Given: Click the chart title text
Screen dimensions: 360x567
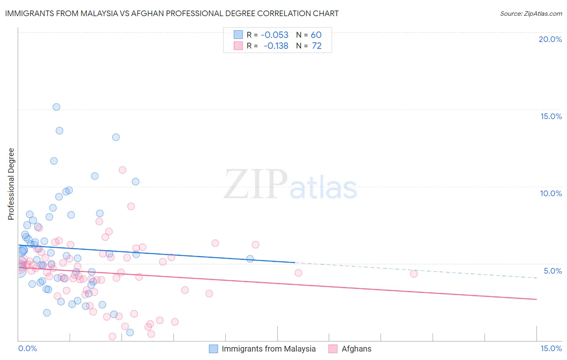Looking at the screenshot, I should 172,13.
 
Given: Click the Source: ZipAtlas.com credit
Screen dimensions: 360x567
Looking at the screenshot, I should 531,13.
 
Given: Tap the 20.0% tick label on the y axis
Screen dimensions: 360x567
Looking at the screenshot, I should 550,39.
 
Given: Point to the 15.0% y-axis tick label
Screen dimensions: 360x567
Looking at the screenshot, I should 551,116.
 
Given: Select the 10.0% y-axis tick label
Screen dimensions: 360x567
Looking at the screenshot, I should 551,193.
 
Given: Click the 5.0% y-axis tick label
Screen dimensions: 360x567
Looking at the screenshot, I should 552,271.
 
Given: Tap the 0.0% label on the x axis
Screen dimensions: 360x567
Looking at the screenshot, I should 27,348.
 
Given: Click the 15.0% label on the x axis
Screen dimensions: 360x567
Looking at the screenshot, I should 551,348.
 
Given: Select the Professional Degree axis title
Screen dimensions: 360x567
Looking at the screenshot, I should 11,184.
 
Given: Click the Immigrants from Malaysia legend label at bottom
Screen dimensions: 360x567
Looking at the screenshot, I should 269,349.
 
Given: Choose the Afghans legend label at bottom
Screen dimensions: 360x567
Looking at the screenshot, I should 356,349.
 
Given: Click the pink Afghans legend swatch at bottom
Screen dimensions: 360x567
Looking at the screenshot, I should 333,349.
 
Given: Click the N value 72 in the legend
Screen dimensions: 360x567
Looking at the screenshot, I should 317,46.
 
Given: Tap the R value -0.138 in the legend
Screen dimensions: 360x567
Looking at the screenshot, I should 276,46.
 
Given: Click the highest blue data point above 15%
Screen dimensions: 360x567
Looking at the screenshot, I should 56,107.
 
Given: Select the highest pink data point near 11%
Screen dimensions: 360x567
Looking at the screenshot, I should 123,170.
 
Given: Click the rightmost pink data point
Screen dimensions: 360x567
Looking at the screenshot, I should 414,274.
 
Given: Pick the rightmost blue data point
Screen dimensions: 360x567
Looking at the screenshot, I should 250,259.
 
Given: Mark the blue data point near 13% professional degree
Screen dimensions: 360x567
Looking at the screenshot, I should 116,137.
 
